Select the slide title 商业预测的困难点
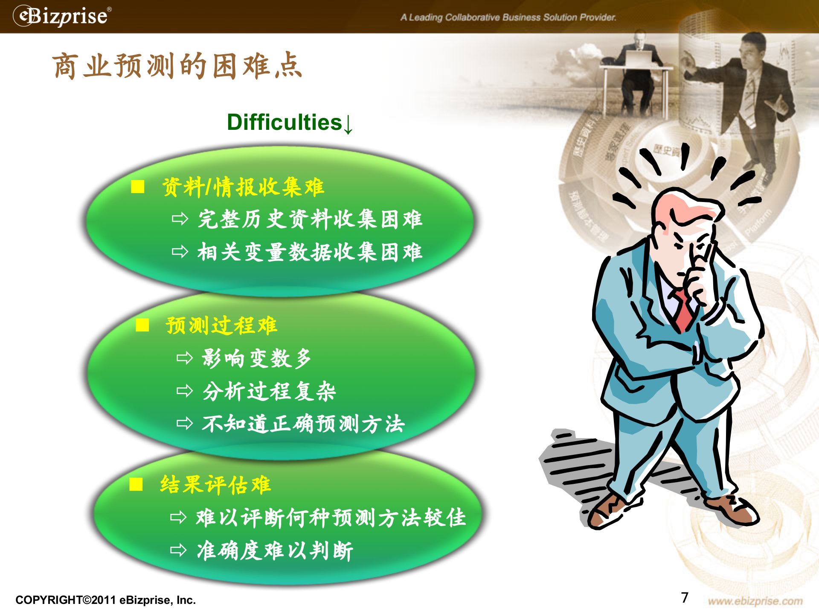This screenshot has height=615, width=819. coord(177,66)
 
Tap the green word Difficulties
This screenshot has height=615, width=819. coord(284,123)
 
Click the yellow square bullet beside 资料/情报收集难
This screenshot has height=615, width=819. coord(137,187)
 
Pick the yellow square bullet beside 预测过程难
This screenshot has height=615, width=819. coord(142,325)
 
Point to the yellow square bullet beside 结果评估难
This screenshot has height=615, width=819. coord(136,484)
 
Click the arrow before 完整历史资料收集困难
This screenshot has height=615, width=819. coord(180,219)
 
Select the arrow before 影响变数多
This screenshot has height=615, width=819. coord(184,357)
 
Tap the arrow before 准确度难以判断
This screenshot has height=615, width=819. coord(178,550)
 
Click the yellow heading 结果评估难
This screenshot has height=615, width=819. coord(215,485)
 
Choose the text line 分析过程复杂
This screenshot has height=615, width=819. coord(269,391)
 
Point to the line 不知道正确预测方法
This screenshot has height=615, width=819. coord(303,424)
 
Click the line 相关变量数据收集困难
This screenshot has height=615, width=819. coord(310,252)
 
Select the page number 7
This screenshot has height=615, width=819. coord(685,597)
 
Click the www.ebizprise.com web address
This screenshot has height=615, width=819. coord(755,601)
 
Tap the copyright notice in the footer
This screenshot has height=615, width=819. coord(105,600)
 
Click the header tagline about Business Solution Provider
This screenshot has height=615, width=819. coord(508,18)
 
